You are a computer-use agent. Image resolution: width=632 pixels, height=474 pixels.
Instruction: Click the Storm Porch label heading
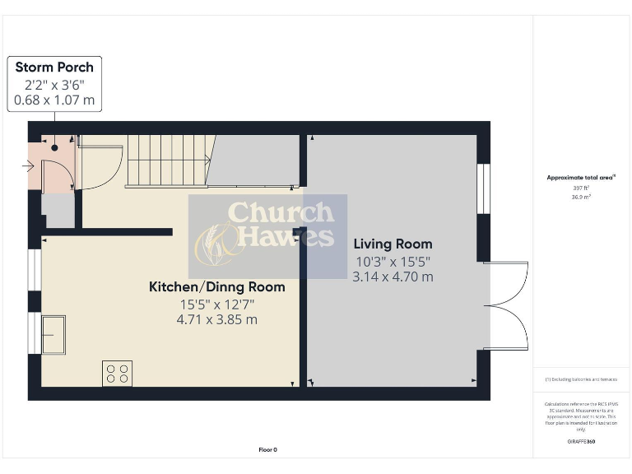(54, 67)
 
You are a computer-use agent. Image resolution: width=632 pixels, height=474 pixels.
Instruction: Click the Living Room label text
(393, 244)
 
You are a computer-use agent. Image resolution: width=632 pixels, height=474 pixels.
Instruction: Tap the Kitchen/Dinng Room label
(216, 287)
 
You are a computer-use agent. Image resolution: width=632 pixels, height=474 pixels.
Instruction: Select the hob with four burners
(117, 374)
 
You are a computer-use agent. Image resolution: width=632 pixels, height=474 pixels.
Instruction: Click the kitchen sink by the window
(53, 334)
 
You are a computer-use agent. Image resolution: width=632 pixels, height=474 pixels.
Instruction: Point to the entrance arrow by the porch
(28, 167)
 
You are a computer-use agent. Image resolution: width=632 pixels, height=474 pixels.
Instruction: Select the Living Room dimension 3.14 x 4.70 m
(393, 277)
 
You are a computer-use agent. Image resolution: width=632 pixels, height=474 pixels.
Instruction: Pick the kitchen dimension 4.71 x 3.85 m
(216, 319)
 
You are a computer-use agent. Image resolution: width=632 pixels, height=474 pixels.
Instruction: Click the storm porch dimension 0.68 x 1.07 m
(54, 100)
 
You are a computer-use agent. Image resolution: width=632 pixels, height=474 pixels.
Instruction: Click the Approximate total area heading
(581, 177)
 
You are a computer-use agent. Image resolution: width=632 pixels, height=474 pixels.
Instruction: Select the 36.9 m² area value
(581, 197)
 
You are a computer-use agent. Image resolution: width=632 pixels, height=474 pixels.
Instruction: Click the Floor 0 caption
(268, 449)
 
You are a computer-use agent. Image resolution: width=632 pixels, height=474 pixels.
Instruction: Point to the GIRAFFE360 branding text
(581, 442)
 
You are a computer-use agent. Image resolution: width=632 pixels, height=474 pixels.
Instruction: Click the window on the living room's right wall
(483, 188)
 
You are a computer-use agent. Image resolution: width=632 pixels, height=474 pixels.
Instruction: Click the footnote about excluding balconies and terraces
(581, 379)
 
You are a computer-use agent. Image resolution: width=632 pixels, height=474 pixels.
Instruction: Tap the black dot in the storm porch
(55, 148)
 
